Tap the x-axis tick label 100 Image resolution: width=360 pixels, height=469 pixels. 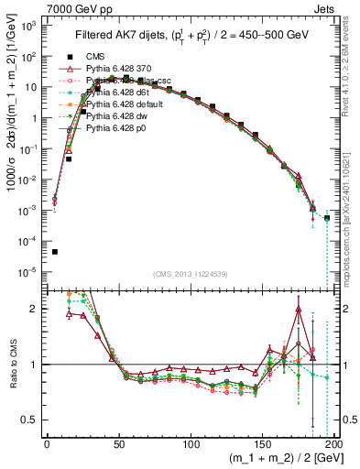coord(191,443)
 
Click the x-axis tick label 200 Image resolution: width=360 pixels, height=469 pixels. coord(333,443)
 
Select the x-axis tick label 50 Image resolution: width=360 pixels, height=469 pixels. coord(119,443)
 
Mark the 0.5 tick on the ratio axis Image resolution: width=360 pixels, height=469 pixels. coord(33,420)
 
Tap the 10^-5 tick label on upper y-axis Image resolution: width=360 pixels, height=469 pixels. coord(29,271)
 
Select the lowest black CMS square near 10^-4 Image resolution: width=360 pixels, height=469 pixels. coord(54,252)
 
